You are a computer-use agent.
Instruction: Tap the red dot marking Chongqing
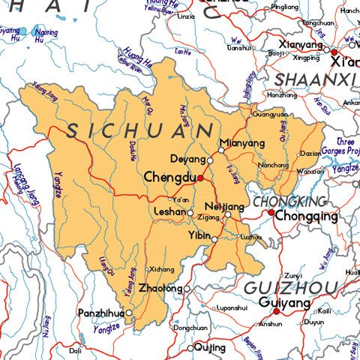pos(271,213)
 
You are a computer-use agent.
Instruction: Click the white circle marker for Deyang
pos(210,160)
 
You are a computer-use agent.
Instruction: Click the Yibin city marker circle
pos(214,240)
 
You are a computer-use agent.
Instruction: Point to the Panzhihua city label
pos(102,313)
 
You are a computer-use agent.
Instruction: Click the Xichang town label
pos(162,269)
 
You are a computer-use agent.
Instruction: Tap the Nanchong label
pos(273,164)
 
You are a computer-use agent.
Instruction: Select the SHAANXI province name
pos(314,79)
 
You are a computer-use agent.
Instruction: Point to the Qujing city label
pos(209,348)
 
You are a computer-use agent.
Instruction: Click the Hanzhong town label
pos(282,95)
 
